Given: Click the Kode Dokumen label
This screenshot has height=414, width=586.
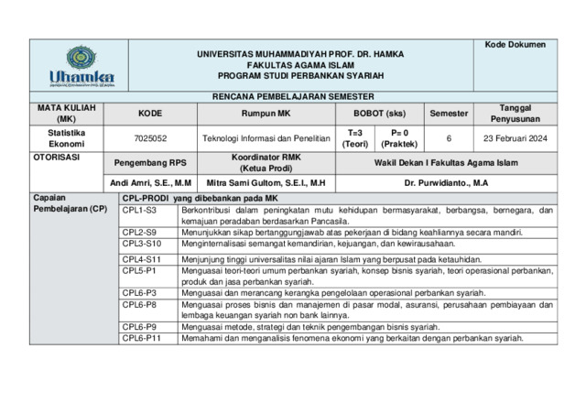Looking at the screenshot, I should coord(515,45).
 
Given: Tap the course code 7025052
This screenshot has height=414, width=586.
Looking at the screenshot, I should coord(150,138).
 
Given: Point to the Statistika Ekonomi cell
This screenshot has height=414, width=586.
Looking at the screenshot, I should coord(66,138).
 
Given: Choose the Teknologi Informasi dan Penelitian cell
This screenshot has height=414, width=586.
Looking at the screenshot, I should coord(265,138).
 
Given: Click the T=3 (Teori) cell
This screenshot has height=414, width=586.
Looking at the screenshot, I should coord(355,138).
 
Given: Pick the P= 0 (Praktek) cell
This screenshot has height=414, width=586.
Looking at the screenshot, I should coord(399,138).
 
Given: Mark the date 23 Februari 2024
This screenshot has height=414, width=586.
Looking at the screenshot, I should coord(515,138).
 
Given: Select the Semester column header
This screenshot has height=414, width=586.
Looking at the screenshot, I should coord(449,114).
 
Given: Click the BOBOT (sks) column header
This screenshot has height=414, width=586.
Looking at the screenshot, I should coord(379,114).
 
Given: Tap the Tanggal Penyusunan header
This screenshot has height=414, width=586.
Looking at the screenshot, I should coord(515,114).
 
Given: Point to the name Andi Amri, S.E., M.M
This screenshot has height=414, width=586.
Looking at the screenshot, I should coord(150,183).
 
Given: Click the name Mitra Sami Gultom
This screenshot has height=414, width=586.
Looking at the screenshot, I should coord(266,183).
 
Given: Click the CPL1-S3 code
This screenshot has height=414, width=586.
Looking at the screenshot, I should coord(140,211).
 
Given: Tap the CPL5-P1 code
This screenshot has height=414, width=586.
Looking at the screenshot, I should coord(140,271).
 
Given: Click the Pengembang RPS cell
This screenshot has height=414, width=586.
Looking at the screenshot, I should coord(150,162).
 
